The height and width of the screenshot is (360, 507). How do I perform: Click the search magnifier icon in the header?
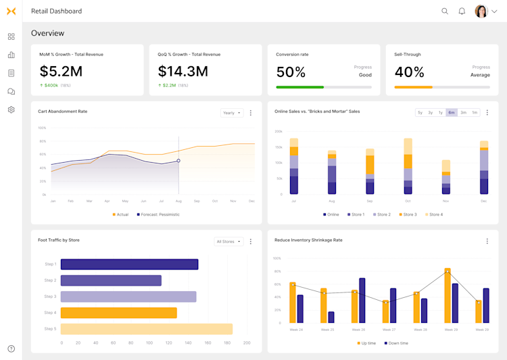pyautogui.click(x=445, y=11)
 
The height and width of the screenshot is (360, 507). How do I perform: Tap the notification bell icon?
pyautogui.click(x=462, y=11)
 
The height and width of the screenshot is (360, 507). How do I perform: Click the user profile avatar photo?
pyautogui.click(x=481, y=11)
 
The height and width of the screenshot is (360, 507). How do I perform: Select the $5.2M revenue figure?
pyautogui.click(x=61, y=71)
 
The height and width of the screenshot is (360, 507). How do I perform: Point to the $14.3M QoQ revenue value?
pyautogui.click(x=183, y=71)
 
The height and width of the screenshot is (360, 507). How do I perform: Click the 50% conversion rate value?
pyautogui.click(x=291, y=72)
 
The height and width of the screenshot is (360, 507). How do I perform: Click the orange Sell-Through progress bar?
pyautogui.click(x=414, y=87)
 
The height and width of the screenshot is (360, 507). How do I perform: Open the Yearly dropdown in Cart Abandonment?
pyautogui.click(x=232, y=113)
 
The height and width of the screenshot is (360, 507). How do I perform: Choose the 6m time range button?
pyautogui.click(x=452, y=113)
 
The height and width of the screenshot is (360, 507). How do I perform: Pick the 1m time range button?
pyautogui.click(x=475, y=113)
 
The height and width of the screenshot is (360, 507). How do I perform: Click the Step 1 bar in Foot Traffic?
pyautogui.click(x=129, y=264)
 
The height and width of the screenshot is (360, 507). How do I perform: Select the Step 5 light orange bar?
pyautogui.click(x=147, y=329)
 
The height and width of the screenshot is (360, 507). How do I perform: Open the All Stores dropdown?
pyautogui.click(x=228, y=241)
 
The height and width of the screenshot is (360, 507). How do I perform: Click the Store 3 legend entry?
pyautogui.click(x=407, y=215)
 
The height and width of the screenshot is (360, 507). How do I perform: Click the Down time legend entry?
pyautogui.click(x=396, y=343)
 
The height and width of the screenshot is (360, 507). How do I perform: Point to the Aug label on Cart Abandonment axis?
pyautogui.click(x=178, y=201)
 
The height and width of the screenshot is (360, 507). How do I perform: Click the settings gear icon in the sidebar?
pyautogui.click(x=11, y=109)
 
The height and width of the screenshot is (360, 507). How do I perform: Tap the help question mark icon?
pyautogui.click(x=11, y=349)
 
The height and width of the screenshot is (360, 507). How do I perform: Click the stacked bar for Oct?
pyautogui.click(x=408, y=166)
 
